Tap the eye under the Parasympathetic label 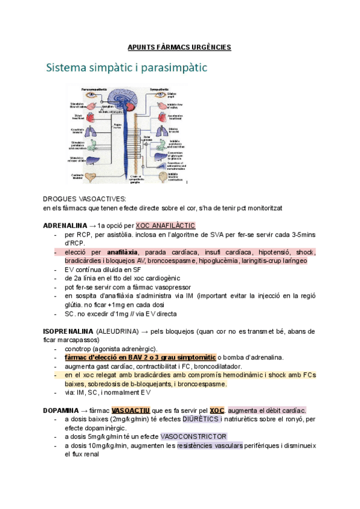point(91,95)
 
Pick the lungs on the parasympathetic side point(91,131)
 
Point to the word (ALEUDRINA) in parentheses point(118,331)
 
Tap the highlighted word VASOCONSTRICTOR point(197,437)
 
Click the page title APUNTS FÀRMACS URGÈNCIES point(180,47)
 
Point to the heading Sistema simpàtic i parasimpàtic point(126,68)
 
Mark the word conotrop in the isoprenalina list point(78,349)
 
